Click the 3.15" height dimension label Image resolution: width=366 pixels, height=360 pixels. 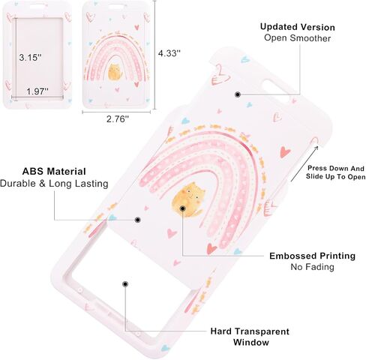pos(30,58)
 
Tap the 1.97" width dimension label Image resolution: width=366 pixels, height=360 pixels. pos(37,91)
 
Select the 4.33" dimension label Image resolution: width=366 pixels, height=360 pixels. pos(169,53)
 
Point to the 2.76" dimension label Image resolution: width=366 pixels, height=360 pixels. pos(118,119)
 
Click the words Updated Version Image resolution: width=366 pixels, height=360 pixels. pos(298,27)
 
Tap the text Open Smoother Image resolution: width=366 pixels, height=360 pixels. pos(297,38)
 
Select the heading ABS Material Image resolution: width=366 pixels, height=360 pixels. pos(54,172)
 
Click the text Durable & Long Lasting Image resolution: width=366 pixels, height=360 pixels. pos(54,184)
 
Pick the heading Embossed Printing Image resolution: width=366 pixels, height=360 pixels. pos(312,256)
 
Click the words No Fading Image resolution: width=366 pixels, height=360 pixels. pos(312,267)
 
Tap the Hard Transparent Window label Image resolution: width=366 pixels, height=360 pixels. pos(250,337)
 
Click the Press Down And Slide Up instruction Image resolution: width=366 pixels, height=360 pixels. pos(335,172)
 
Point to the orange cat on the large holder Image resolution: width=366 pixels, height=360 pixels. pos(189,199)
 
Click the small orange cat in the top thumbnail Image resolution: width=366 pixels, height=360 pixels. pos(115,72)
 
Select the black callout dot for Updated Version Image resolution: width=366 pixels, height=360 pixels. pos(238,94)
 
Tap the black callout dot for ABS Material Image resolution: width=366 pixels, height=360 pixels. pos(137,220)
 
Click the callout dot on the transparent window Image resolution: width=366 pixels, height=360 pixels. pos(125,284)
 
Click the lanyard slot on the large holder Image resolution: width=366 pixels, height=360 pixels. pos(278,91)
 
